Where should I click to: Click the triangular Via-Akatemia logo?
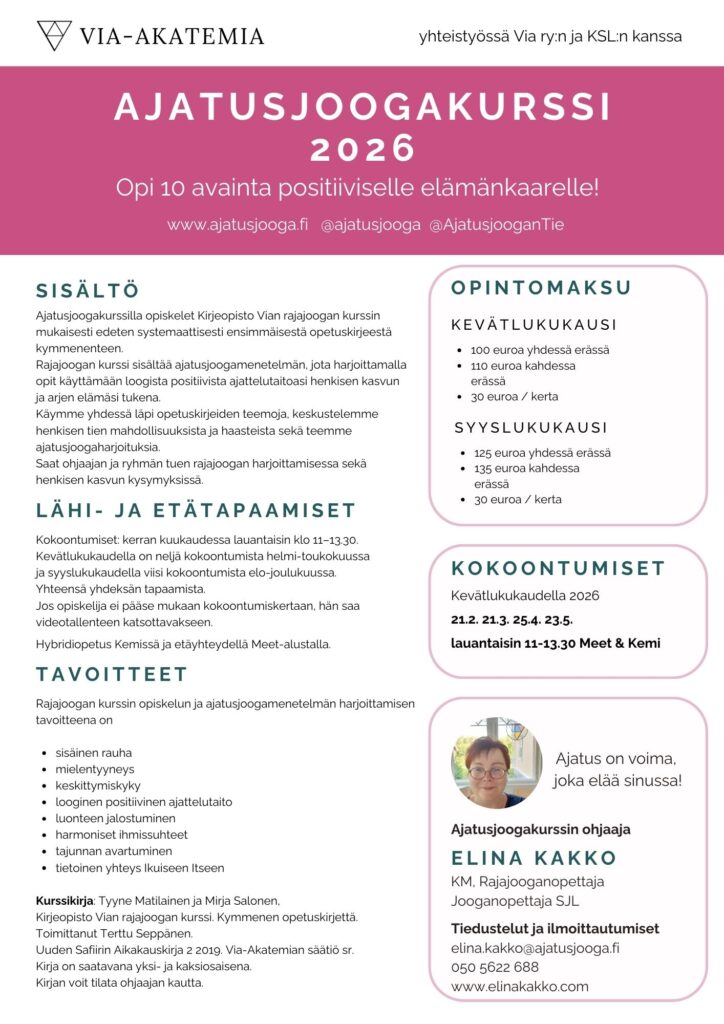pos(54,35)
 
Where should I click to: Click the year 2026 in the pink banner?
pos(362,148)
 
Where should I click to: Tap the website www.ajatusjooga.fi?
pos(238,225)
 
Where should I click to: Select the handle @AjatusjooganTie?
pos(496,225)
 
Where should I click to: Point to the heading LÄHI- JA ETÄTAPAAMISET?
pos(195,510)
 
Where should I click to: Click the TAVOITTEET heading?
pos(111,674)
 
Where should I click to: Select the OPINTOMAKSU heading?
pos(541,288)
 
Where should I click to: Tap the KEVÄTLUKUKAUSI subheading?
pos(534,325)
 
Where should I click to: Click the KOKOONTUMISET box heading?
pos(558,568)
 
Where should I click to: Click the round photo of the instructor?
pos(495,761)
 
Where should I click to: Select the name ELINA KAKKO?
pos(534,858)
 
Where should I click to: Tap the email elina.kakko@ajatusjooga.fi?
pos(535,948)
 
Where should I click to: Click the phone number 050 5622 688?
pos(495,967)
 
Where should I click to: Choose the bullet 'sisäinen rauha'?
pos(94,752)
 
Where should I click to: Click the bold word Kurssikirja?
pos(65,901)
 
